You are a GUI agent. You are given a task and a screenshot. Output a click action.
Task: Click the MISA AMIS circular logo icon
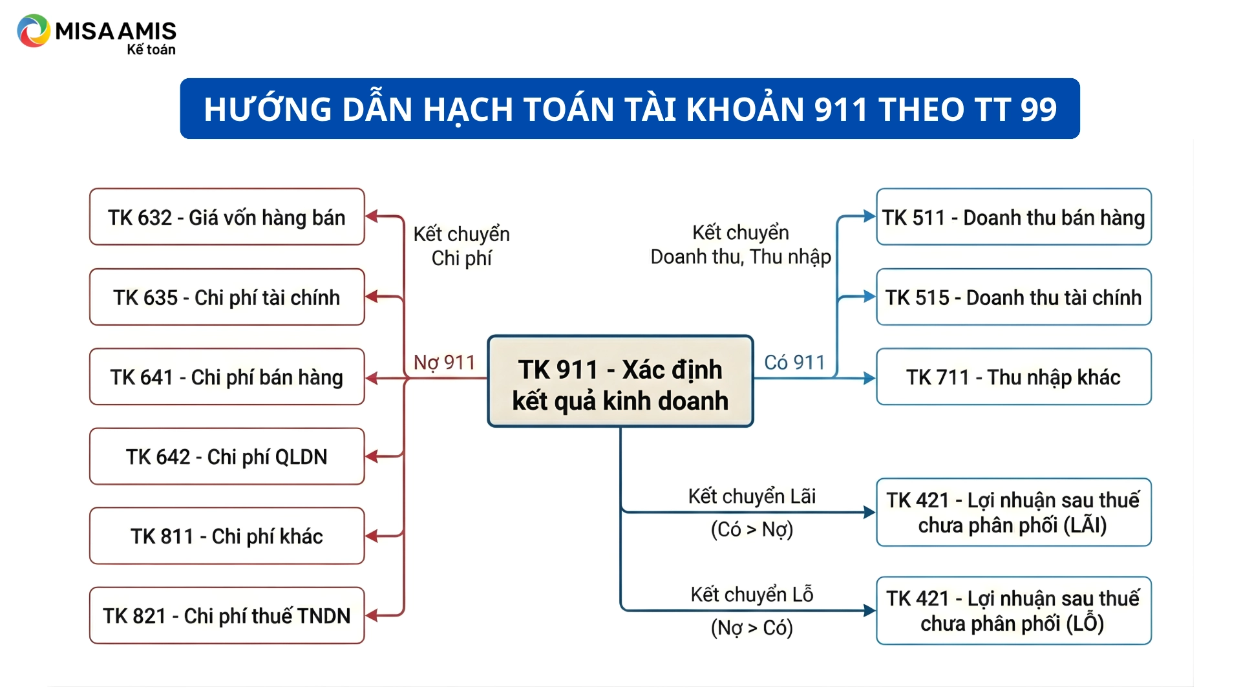click(x=34, y=30)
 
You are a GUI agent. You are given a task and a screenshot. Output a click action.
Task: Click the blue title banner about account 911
click(x=630, y=109)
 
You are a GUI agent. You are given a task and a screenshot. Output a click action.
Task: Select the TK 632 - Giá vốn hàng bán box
click(x=227, y=217)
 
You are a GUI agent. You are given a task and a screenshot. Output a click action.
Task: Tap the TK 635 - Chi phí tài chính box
click(x=227, y=297)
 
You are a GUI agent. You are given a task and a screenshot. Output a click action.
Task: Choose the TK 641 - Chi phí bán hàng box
click(x=227, y=377)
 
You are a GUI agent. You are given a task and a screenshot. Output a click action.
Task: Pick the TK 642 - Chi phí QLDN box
click(x=227, y=456)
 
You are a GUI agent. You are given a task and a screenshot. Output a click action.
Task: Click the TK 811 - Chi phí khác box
click(x=227, y=536)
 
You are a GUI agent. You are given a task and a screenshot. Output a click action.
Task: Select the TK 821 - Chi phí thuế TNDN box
click(x=227, y=615)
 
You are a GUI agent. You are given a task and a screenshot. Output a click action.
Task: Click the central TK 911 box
click(x=620, y=381)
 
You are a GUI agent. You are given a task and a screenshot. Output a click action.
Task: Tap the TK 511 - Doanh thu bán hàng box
click(x=1013, y=217)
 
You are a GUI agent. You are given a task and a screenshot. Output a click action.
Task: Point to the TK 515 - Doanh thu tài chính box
click(x=1013, y=297)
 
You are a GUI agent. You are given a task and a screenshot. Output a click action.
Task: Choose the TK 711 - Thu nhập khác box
click(x=1013, y=377)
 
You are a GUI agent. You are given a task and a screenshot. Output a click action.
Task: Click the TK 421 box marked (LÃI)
click(x=1013, y=513)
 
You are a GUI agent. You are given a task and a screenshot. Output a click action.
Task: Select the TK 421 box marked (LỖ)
click(x=1013, y=611)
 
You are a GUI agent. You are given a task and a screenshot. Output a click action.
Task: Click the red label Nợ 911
click(x=444, y=363)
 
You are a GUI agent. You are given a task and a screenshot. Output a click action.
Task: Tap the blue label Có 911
click(x=794, y=363)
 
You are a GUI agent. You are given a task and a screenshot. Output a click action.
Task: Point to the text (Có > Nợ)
click(x=752, y=530)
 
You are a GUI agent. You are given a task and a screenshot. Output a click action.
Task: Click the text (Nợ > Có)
click(x=752, y=628)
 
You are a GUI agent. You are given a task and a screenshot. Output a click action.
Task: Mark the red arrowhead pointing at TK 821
click(x=372, y=615)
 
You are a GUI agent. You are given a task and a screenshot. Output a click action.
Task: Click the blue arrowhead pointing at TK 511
click(x=869, y=217)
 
